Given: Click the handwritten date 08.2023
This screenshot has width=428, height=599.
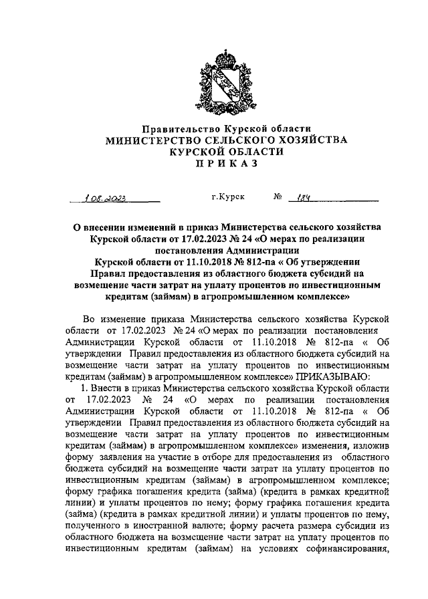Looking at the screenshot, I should coord(107,198).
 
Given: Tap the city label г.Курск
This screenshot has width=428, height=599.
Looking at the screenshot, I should coord(227,197).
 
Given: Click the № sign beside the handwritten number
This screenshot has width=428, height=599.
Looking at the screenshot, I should coord(278,197).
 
